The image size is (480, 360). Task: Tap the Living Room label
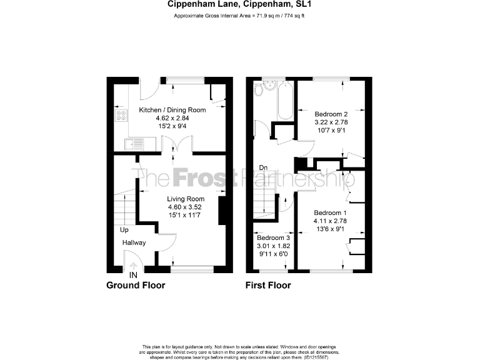[182, 199]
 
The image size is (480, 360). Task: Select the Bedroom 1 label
[330, 212]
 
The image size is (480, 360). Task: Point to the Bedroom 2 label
[331, 114]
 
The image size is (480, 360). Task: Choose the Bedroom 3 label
[273, 237]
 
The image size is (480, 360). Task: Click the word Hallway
[134, 242]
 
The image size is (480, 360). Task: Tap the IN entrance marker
[133, 274]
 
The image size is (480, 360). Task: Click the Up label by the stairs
[125, 229]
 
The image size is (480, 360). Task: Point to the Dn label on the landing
[264, 168]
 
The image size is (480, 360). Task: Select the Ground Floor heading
[136, 286]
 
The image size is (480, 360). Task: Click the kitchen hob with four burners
[120, 116]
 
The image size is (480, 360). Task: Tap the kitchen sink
[134, 145]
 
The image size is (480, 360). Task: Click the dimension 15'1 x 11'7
[182, 215]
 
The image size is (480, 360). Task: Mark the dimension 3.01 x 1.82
[273, 246]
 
